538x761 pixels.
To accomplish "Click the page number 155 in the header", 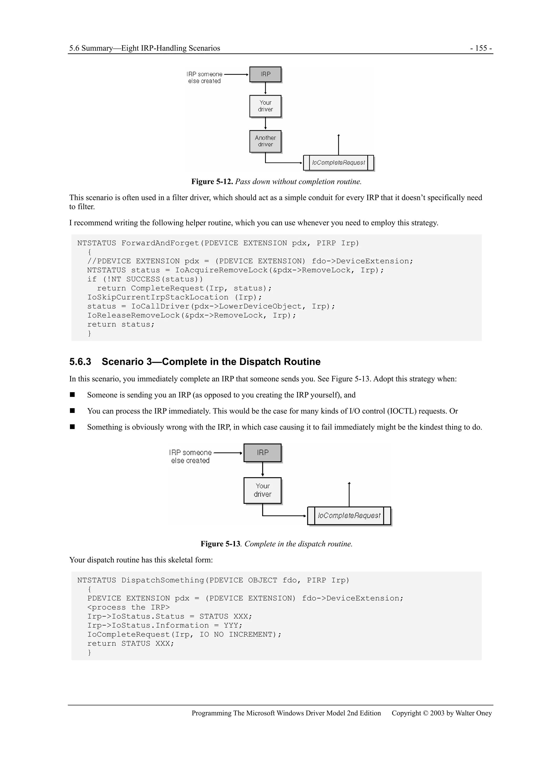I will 481,48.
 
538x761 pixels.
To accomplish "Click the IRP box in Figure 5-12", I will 265,75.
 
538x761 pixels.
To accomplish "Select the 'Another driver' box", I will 265,141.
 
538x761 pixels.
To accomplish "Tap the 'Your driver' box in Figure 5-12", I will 265,106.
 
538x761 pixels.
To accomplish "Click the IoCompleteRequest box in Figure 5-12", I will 338,163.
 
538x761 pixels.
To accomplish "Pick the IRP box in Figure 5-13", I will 262,453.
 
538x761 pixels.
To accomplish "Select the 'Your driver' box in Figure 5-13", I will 262,490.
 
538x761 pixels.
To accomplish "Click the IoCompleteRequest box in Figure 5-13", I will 349,516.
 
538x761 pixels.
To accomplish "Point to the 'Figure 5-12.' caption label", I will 212,182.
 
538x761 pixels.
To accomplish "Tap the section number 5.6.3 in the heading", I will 80,362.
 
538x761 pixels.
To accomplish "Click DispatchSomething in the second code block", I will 162,580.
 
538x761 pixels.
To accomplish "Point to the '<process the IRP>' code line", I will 128,607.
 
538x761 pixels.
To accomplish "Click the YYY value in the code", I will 231,625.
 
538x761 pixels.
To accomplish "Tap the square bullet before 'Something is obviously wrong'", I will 72,427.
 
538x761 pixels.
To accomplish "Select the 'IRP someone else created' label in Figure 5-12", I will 204,77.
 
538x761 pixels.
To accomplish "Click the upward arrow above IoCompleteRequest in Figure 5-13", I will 349,494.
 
